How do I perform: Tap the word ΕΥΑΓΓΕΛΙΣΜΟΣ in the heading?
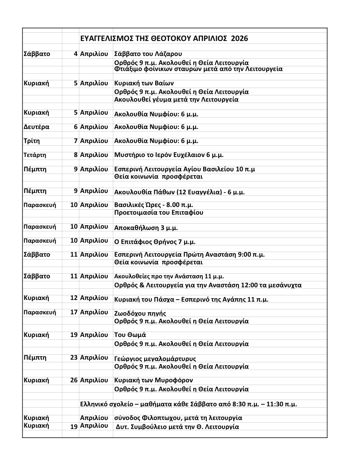pos(107,39)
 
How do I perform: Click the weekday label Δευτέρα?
pos(37,127)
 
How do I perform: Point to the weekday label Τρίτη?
pos(32,141)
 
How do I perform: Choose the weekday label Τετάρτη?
pos(35,155)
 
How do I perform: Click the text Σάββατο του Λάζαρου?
pos(148,54)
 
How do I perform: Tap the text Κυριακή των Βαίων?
pos(144,83)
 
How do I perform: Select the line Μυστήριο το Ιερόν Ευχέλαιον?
pos(169,155)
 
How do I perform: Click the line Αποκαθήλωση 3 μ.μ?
pos(146,228)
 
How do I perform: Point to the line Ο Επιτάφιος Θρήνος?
pos(155,242)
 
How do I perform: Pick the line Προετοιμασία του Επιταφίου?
pos(159,213)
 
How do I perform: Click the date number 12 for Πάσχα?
pos(74,298)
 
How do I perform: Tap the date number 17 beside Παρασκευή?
pos(74,312)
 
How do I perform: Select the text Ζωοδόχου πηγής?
pos(140,313)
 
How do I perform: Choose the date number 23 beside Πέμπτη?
pos(74,358)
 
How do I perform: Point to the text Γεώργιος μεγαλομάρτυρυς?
pos(155,359)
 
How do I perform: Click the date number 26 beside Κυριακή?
pos(74,380)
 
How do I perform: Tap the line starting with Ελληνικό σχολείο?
pos(188,404)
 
